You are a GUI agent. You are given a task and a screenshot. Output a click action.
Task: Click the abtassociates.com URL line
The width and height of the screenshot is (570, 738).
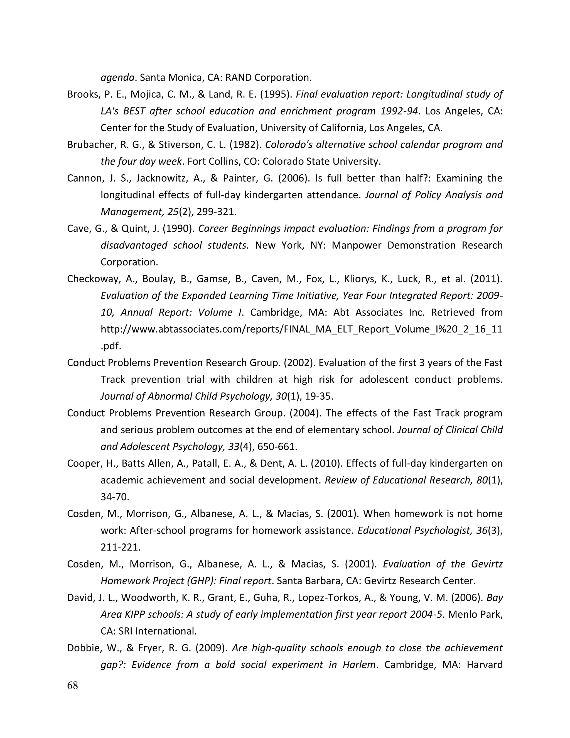coord(301,329)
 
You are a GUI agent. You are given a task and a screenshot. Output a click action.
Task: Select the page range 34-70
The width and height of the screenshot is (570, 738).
coord(115,497)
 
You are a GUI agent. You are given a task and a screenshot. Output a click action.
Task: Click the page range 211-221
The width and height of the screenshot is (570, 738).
coord(121,547)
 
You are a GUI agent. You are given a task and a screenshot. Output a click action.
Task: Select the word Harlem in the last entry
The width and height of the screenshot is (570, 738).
coord(358,665)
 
